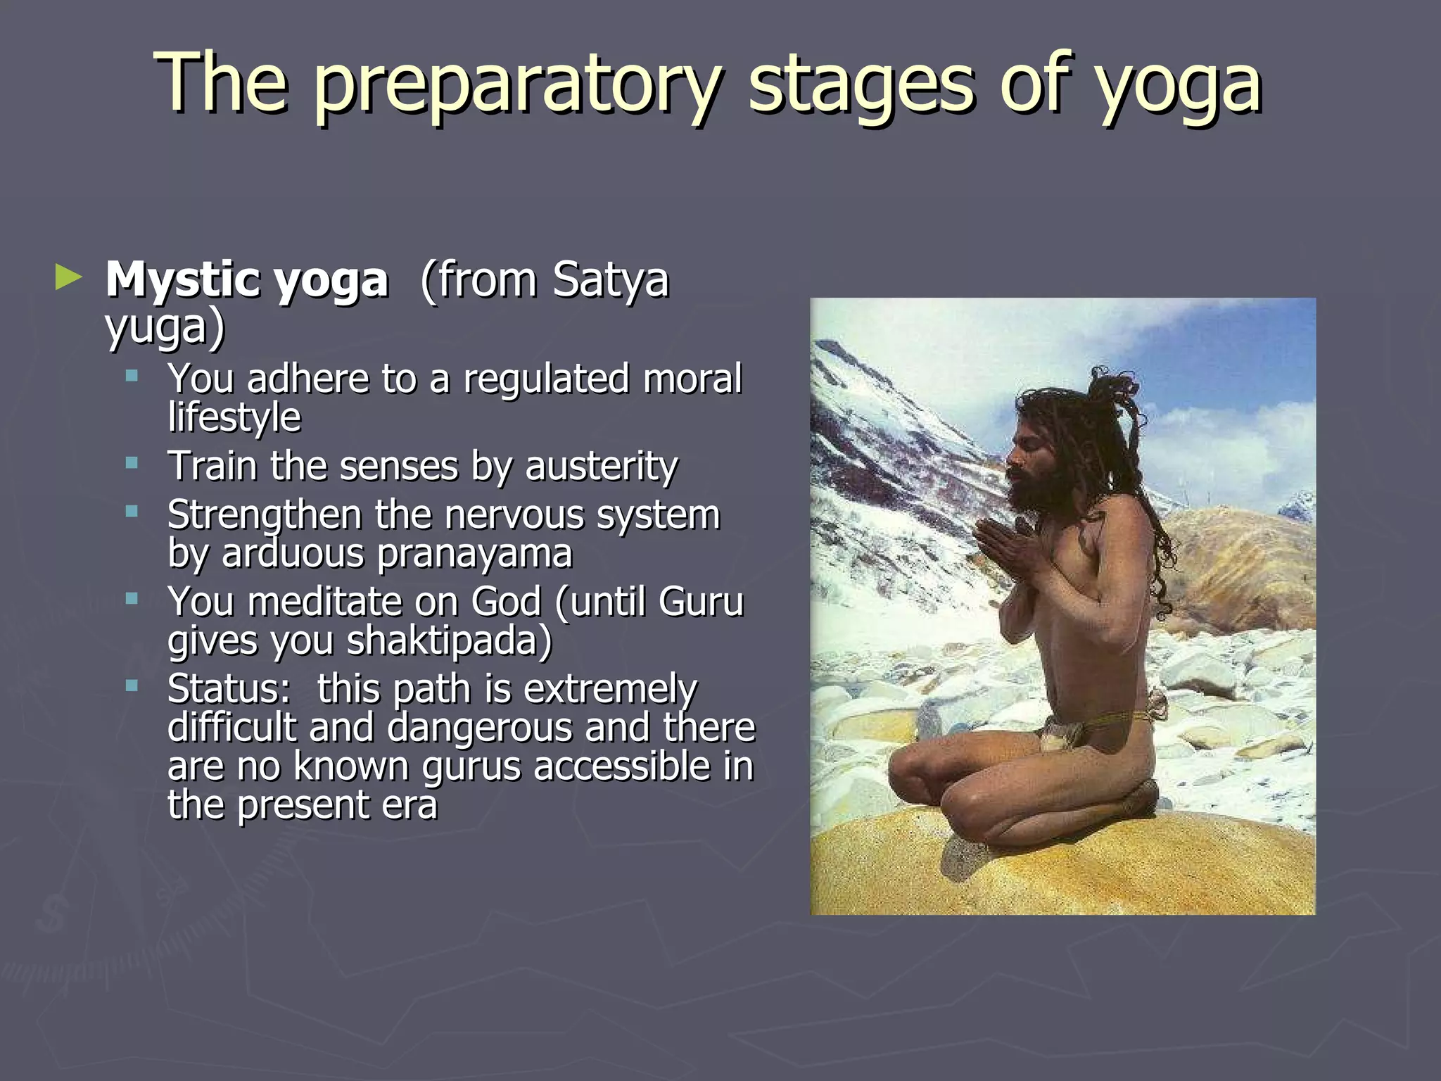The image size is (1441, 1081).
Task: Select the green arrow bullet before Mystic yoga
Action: pos(68,277)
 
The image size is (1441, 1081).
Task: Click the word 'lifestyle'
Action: pos(234,417)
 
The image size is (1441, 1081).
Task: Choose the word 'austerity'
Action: pos(601,467)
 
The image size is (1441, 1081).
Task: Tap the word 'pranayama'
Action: pos(475,554)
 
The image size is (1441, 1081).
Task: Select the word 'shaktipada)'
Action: pos(450,641)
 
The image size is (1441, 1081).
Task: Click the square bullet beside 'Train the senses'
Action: pos(132,463)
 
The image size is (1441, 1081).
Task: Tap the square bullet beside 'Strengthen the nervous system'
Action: pos(132,512)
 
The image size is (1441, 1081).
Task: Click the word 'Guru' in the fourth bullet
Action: pos(700,602)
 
